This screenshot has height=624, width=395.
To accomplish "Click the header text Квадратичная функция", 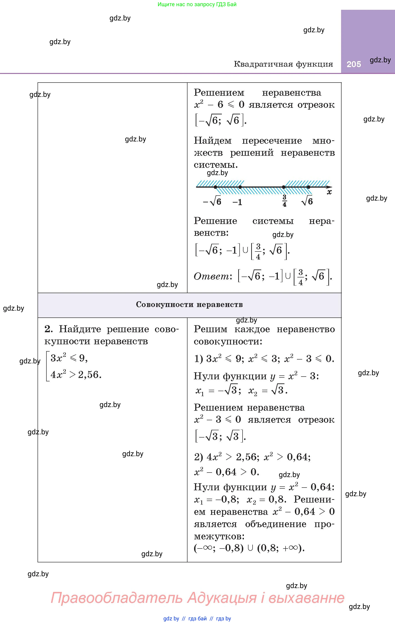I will pos(283,64).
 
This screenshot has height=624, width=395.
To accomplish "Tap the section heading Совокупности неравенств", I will pos(189,304).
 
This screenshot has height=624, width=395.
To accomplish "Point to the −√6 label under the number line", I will pos(212,202).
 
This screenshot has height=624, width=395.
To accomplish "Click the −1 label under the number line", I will pos(237,202).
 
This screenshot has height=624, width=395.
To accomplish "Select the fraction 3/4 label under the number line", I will pos(284,201).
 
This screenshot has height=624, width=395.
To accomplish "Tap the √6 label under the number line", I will pos(307,201).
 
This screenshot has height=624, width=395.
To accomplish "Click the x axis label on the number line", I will pos(329,192).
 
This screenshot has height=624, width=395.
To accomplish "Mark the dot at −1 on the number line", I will pos(240,187).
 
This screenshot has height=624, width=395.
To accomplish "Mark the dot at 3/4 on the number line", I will pos(284,187).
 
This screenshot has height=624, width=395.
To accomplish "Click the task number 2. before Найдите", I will pos(48,329).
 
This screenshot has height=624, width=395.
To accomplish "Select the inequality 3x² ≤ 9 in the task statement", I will pos(69,358).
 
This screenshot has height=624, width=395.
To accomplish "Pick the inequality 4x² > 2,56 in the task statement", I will pos(76,375).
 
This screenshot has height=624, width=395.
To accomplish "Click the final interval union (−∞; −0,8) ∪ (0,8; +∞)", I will pos(249,548).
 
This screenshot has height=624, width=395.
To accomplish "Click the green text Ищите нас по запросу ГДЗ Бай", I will pos(197,4).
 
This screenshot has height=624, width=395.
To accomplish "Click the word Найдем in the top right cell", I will pos(213,141).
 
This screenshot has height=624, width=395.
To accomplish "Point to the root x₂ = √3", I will pos(268,390).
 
